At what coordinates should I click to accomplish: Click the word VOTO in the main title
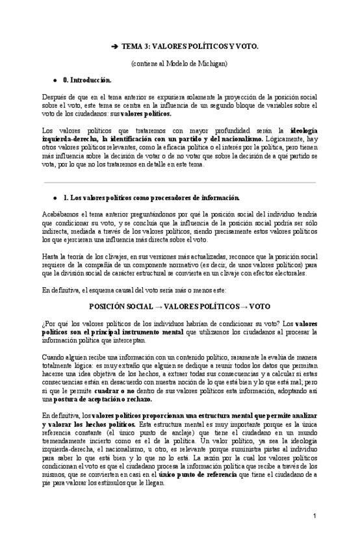click(x=244, y=47)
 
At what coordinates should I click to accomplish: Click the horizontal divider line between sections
click(x=179, y=183)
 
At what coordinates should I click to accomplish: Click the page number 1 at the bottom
click(x=314, y=516)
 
